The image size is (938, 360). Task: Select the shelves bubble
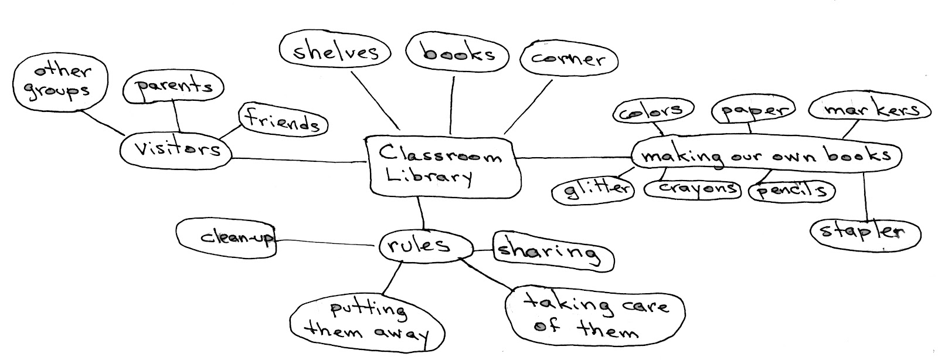[335, 52]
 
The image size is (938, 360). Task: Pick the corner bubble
[567, 59]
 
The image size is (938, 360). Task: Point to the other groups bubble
[61, 82]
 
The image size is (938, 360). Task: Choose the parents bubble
[174, 87]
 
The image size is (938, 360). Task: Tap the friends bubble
[283, 122]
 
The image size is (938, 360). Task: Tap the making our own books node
[765, 156]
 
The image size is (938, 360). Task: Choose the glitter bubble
[593, 189]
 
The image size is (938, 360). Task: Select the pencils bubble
[791, 191]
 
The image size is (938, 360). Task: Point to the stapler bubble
[865, 232]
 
